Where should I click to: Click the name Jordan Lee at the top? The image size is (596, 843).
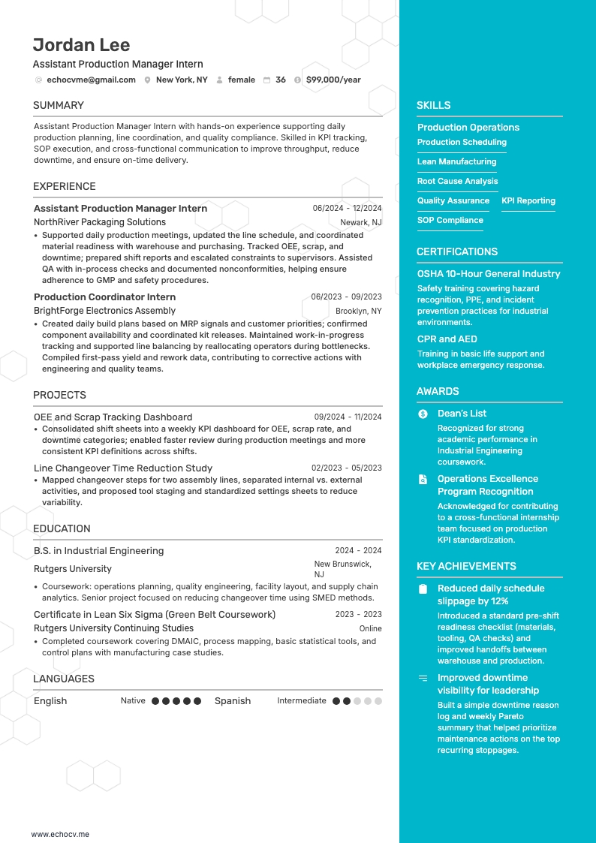(x=81, y=45)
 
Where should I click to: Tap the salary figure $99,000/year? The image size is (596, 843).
(x=333, y=80)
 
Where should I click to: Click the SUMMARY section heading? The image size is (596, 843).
(x=59, y=105)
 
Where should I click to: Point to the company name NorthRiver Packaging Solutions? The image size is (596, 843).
(x=100, y=222)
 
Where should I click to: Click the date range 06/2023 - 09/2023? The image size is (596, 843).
(x=346, y=297)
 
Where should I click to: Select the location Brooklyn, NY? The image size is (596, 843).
(x=358, y=311)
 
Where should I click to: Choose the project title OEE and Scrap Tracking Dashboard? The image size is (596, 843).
(x=113, y=417)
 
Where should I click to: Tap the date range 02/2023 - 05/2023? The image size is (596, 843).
(x=346, y=468)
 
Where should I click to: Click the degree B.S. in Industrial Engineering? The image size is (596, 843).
(x=98, y=551)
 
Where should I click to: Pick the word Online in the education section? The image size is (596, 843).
(x=370, y=628)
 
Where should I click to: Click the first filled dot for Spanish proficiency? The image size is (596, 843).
(x=336, y=701)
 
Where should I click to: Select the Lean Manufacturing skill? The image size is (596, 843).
(x=456, y=161)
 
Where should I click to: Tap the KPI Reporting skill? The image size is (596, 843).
(x=528, y=200)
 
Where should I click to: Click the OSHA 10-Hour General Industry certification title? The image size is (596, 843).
(x=489, y=274)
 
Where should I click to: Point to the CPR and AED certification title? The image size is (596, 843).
(x=447, y=339)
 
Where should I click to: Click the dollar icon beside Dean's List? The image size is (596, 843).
(x=423, y=414)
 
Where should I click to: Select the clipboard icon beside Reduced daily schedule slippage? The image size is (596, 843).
(x=423, y=589)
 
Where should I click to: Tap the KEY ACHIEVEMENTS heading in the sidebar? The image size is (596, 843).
(x=466, y=566)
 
